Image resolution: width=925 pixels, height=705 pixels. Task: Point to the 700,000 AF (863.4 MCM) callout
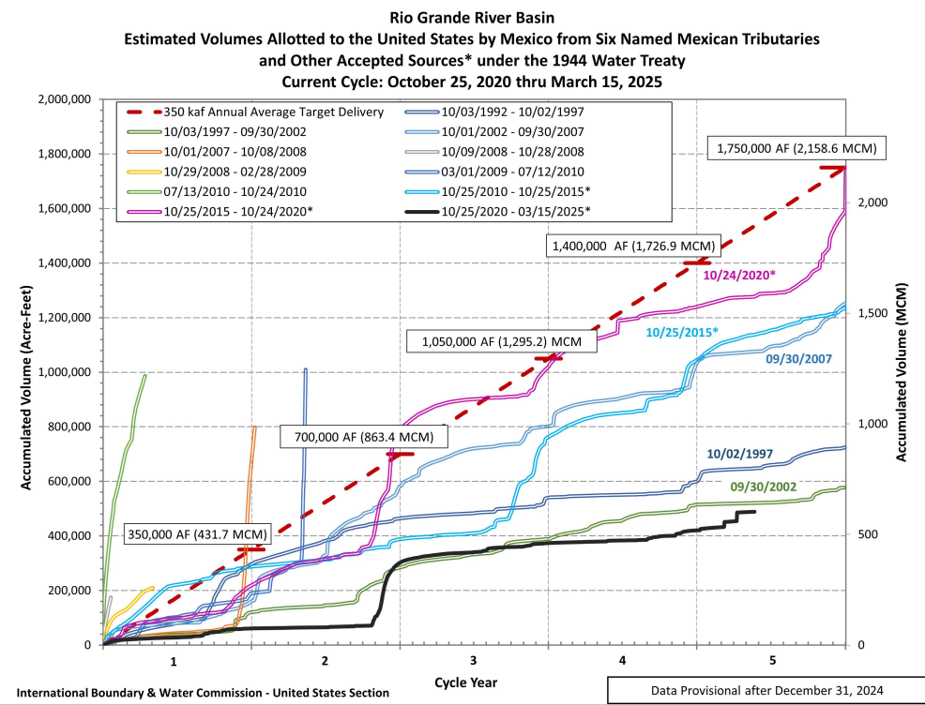point(364,436)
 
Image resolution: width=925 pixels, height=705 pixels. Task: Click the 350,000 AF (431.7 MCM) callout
point(196,534)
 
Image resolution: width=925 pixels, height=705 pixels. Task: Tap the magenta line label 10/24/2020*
point(741,275)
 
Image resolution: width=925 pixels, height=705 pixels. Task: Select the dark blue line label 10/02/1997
point(739,454)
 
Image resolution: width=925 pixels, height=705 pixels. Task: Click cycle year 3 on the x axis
point(474,661)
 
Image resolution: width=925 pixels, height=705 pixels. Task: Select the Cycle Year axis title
point(466,682)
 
